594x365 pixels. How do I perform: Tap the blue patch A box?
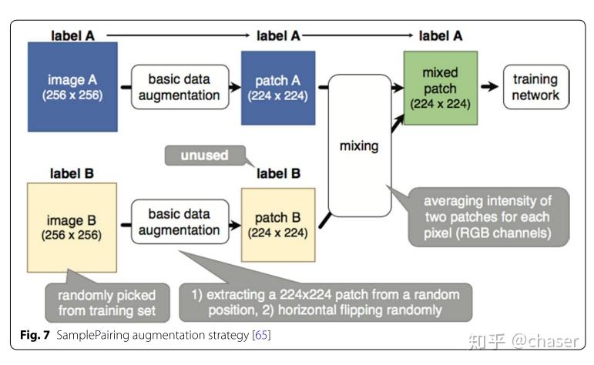(278, 87)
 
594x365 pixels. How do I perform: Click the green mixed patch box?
(440, 87)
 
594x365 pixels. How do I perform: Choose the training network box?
(535, 86)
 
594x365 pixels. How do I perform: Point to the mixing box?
(360, 145)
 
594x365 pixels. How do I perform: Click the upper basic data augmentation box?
(179, 87)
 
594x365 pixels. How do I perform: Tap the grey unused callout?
(204, 155)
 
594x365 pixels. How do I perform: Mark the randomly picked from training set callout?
(99, 303)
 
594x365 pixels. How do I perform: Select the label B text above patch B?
(278, 174)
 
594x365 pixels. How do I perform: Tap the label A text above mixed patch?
(440, 35)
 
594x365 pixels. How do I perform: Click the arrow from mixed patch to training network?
(488, 87)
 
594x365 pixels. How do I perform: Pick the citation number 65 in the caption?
(260, 336)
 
